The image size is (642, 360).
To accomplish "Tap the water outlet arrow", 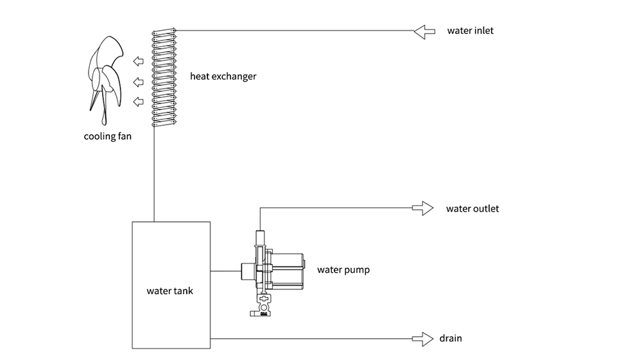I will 422,208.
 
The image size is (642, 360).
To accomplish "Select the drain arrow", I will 422,338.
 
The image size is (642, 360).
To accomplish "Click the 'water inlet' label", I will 471,30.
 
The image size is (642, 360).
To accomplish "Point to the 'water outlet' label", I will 472,209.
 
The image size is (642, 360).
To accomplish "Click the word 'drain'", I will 451,338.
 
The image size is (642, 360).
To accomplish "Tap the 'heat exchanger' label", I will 223,76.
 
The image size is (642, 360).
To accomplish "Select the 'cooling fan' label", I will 108,135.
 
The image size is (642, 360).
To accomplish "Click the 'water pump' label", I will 343,270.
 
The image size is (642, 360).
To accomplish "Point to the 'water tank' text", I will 169,291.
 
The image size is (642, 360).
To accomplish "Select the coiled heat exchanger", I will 162,77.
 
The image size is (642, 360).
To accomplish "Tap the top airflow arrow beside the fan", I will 138,62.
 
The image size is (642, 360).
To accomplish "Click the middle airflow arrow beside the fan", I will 138,81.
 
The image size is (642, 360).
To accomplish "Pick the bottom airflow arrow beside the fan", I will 138,101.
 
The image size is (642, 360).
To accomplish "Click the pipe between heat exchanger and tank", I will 155,173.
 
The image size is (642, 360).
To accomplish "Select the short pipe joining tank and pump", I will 225,271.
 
